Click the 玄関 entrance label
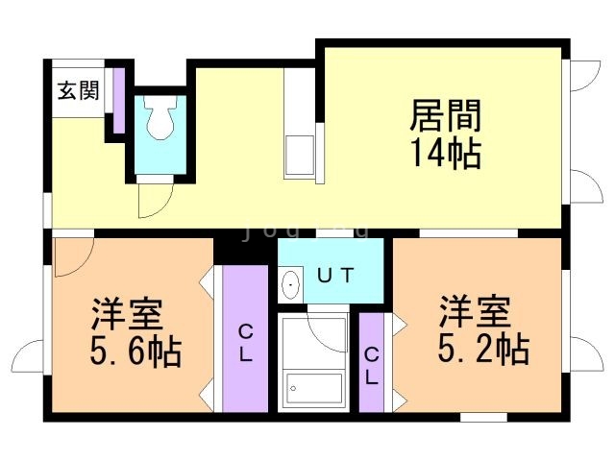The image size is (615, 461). point(78,91)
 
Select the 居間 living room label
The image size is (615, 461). point(445,118)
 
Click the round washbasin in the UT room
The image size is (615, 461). point(290,284)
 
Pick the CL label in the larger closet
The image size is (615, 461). point(245,343)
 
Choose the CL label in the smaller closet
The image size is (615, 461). point(372,364)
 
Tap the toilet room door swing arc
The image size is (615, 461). point(154,198)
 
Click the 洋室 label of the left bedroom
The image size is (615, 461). point(127,314)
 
